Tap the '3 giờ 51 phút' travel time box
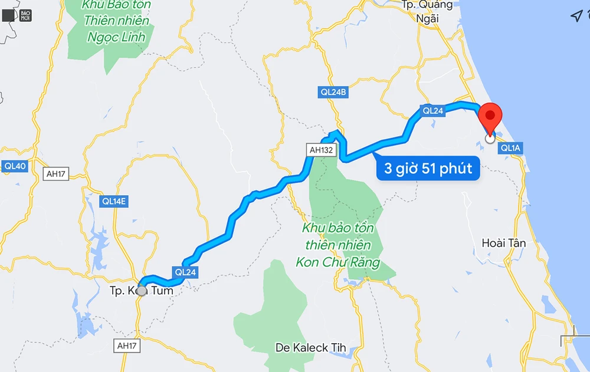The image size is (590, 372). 428,169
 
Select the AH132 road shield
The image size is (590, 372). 322,150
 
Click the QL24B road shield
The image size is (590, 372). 333,92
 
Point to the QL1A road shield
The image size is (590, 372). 510,148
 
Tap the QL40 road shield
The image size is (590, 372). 15,166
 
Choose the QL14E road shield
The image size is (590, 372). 114,201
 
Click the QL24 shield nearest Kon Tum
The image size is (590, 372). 185,272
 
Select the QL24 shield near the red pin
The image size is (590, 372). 432,110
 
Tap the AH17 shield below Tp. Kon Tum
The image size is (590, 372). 128,345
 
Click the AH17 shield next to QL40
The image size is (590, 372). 57,174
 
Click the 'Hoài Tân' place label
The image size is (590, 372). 503,243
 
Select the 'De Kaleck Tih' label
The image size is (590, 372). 310,348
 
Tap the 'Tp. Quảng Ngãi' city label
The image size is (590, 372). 427,11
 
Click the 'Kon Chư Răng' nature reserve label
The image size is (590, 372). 337,245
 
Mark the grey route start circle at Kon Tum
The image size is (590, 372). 142,290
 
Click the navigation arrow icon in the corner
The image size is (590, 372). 576,16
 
